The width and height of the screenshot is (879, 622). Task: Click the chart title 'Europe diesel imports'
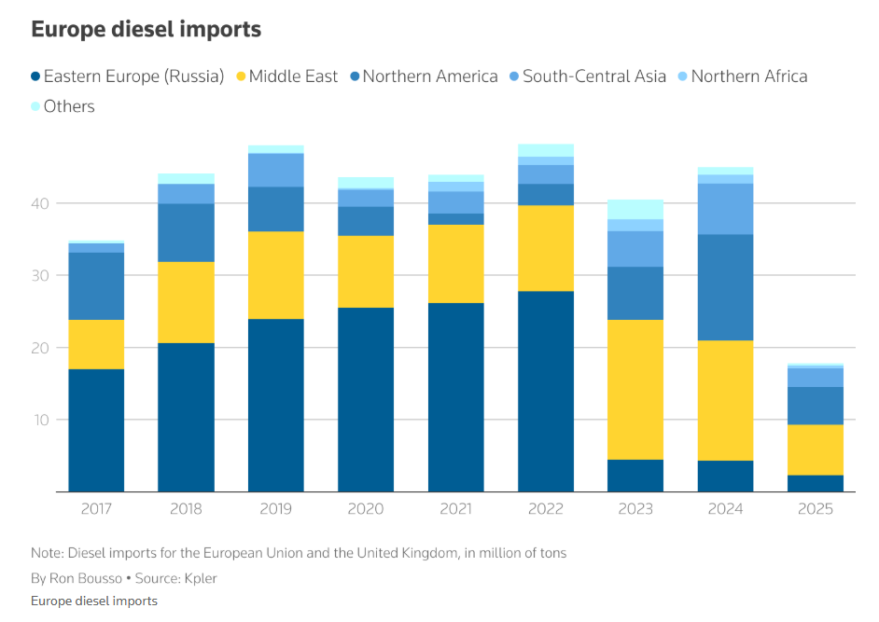[146, 30]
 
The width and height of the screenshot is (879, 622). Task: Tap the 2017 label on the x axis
[96, 509]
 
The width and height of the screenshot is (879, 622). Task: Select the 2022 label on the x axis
[546, 509]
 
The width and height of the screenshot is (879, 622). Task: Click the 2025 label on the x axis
[816, 509]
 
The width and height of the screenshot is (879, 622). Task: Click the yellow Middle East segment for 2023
[635, 390]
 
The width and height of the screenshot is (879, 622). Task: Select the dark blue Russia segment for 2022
[546, 392]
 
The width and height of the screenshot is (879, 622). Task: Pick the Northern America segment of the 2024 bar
[726, 287]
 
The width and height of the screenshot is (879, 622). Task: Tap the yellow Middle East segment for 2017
[96, 345]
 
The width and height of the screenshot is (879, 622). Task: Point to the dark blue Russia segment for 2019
[276, 406]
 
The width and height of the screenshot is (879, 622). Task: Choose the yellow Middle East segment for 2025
[816, 450]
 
